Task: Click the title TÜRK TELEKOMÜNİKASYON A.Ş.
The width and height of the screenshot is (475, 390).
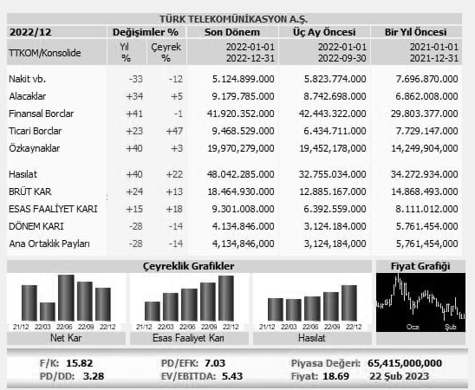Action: tap(233, 19)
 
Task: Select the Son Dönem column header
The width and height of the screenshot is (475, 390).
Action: tap(232, 32)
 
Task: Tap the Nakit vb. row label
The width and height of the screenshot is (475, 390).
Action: tap(27, 79)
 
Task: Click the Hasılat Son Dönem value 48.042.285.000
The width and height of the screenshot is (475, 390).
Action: tap(240, 174)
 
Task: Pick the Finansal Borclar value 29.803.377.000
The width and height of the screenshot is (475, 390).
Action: tap(424, 114)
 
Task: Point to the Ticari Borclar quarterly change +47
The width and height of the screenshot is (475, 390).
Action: tap(174, 131)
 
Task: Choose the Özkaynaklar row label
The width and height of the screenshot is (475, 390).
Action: tap(34, 148)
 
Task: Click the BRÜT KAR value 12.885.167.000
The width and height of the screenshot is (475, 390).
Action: tap(333, 192)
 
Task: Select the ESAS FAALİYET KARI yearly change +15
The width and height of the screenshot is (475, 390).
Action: tap(134, 209)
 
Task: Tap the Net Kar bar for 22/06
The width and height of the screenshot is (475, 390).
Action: tap(66, 297)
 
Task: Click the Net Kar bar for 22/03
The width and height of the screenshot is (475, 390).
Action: tap(48, 312)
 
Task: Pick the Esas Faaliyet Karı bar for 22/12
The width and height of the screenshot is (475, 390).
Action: tap(226, 298)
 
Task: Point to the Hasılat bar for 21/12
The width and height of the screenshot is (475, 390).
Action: tap(276, 309)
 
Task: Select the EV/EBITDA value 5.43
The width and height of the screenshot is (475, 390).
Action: tap(232, 376)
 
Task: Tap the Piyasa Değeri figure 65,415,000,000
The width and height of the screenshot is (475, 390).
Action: tap(405, 363)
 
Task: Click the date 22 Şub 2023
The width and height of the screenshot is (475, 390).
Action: tap(399, 376)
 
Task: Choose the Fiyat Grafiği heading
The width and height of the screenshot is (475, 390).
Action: tap(420, 266)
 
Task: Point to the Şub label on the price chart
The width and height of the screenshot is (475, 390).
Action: tap(451, 327)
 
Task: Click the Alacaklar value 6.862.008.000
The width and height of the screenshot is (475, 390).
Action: tap(426, 96)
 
